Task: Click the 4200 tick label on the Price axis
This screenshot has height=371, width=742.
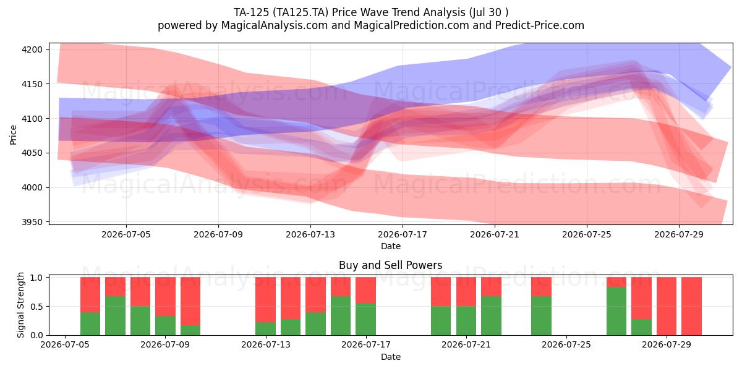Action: tap(32, 49)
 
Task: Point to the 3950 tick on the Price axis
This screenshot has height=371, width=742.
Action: tap(32, 222)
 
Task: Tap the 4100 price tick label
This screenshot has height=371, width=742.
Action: tap(32, 119)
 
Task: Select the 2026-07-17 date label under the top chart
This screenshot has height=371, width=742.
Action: tap(403, 234)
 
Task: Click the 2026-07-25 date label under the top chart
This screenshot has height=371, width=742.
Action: tap(587, 234)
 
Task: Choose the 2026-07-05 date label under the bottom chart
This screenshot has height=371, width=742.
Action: tap(65, 344)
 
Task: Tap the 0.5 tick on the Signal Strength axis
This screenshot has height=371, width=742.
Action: tap(36, 307)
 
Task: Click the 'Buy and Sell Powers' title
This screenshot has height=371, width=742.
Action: tap(391, 265)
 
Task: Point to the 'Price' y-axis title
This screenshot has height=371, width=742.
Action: tap(13, 135)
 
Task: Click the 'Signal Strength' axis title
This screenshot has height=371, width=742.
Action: tap(20, 305)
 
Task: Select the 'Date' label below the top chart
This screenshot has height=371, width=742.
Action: tap(391, 246)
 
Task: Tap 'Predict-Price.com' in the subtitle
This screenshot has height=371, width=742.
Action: tap(540, 25)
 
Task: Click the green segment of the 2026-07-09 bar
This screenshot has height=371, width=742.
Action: tap(165, 325)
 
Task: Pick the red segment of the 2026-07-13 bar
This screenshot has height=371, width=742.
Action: tap(265, 299)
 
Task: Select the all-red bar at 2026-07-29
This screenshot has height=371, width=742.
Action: tap(667, 306)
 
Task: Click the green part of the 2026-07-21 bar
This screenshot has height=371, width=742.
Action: tap(466, 321)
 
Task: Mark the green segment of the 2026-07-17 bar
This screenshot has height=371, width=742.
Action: tap(365, 319)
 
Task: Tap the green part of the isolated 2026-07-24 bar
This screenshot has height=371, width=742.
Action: tap(541, 316)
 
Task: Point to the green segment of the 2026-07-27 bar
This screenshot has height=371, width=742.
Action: tap(616, 311)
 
